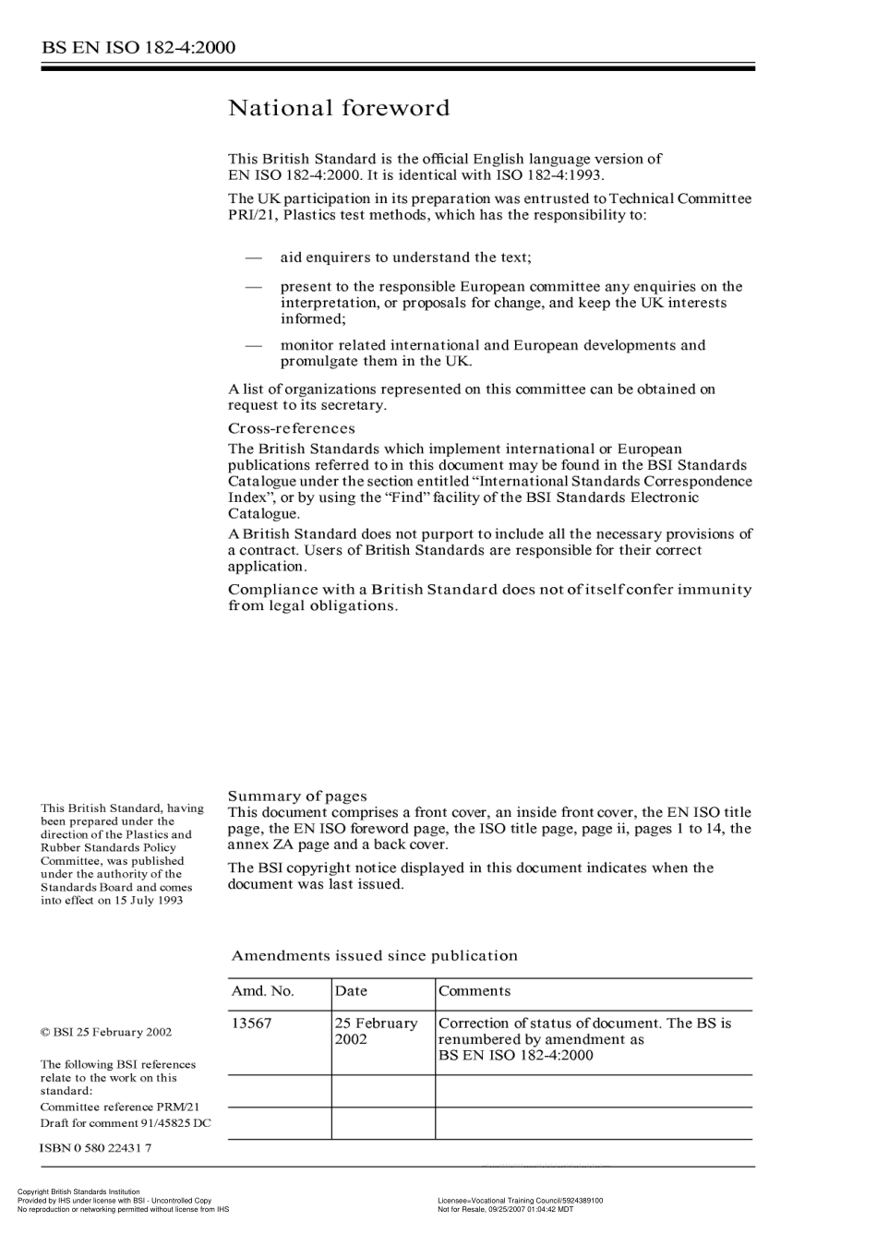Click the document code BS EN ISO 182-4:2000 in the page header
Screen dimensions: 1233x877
point(138,47)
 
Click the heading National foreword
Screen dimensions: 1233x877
point(339,109)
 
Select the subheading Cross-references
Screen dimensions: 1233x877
point(291,428)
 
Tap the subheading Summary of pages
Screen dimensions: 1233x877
point(297,796)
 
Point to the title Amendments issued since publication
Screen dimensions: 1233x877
point(374,956)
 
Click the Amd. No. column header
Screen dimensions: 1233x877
point(262,991)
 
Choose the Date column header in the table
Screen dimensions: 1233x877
point(351,991)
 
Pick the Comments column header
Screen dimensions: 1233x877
point(474,991)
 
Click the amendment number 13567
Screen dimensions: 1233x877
point(251,1024)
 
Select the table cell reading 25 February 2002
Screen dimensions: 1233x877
point(376,1031)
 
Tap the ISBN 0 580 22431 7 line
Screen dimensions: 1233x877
point(96,1148)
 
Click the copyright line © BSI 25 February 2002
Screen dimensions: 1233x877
point(106,1033)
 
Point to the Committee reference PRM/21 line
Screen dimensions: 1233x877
point(120,1107)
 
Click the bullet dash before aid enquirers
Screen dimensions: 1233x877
point(253,257)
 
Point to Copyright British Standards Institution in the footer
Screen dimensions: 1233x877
point(78,1192)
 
